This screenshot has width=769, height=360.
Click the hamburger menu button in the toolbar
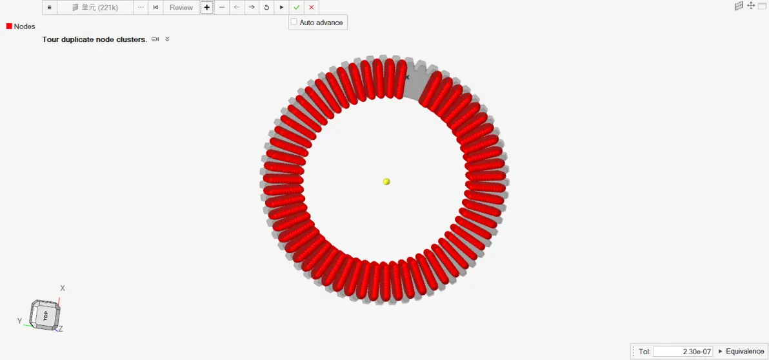click(x=50, y=7)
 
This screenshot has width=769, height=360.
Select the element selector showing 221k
click(x=95, y=7)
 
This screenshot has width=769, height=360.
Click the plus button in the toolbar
click(x=207, y=7)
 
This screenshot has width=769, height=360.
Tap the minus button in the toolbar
click(x=222, y=7)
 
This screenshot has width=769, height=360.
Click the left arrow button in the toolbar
click(x=236, y=7)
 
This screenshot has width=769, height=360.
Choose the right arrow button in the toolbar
click(x=252, y=7)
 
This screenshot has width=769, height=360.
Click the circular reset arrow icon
click(x=266, y=7)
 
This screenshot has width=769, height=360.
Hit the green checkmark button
click(x=297, y=7)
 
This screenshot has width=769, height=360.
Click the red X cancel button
click(x=312, y=7)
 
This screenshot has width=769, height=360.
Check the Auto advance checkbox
click(x=294, y=22)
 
